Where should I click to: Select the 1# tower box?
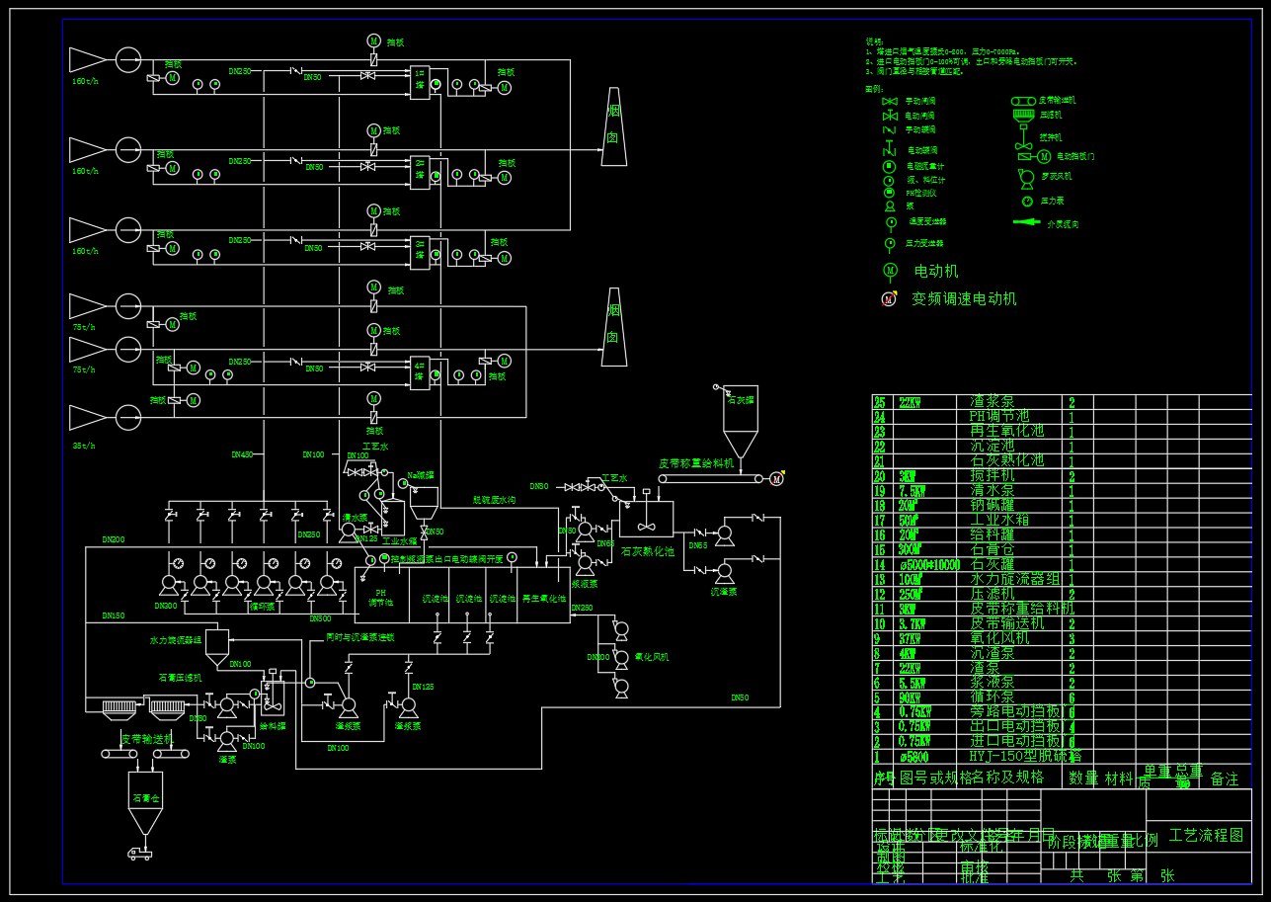[x=421, y=81]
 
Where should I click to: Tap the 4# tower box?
[x=421, y=372]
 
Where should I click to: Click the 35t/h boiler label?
[x=84, y=446]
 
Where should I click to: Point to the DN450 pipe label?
[x=242, y=454]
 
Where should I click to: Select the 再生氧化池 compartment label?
[x=544, y=599]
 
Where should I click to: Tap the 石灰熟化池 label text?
[x=647, y=551]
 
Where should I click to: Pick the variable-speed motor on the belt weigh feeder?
[x=776, y=479]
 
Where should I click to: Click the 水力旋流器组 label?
[x=176, y=640]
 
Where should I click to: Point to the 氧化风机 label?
[x=652, y=656]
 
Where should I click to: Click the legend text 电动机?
[x=935, y=271]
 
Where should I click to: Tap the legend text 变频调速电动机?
[x=963, y=298]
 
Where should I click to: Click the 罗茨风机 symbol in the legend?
[x=1024, y=177]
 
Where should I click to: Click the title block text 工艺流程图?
[x=1206, y=836]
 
